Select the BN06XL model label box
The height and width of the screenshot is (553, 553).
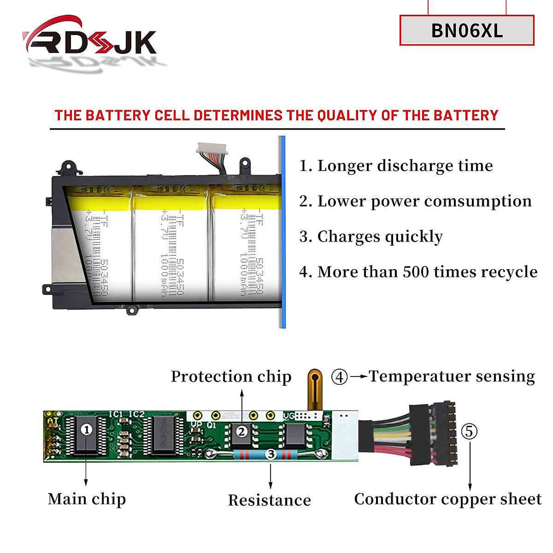pos(466,30)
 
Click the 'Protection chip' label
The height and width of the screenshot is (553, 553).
pos(231,377)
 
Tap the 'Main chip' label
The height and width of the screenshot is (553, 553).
pos(87,499)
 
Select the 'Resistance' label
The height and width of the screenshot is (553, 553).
pos(269,500)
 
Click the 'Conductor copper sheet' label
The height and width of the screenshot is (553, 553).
pos(447,499)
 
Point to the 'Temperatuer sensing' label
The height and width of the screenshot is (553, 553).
pos(452,377)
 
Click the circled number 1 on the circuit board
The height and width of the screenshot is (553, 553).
pos(87,429)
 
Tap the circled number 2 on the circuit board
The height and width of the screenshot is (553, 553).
pos(241,432)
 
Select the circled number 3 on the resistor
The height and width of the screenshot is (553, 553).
pos(271,455)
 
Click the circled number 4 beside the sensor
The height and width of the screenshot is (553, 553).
pos(339,377)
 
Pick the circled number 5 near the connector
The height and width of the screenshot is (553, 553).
pos(469,432)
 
